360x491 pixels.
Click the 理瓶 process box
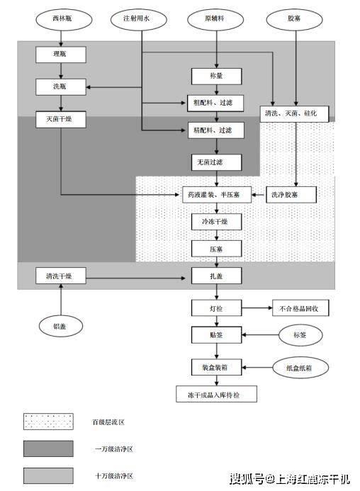click(x=61, y=54)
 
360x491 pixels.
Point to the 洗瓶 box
click(x=61, y=87)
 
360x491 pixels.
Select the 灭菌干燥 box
click(x=61, y=120)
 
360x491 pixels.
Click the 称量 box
click(x=216, y=76)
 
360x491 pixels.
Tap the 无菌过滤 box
click(x=216, y=163)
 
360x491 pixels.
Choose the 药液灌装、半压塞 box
click(x=216, y=194)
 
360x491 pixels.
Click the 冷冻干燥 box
click(x=216, y=222)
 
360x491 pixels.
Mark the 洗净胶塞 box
click(x=291, y=194)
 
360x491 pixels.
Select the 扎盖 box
click(x=216, y=276)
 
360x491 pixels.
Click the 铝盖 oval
click(x=61, y=327)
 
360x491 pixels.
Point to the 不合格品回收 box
click(x=300, y=308)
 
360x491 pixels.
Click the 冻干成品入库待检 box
click(x=216, y=395)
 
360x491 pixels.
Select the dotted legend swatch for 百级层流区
click(x=48, y=422)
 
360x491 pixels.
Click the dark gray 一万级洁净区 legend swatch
click(x=48, y=448)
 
